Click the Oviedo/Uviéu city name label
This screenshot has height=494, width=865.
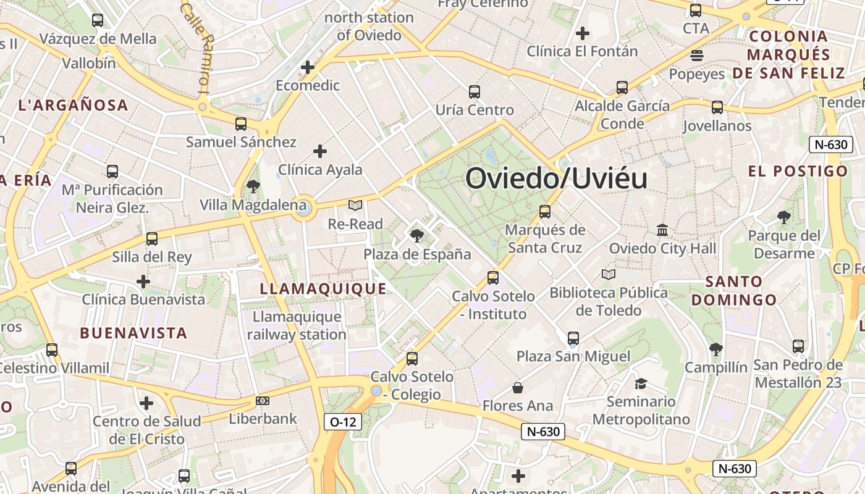coord(556,178)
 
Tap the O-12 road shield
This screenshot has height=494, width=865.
coord(343,422)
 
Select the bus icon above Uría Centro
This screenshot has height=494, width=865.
coord(474,92)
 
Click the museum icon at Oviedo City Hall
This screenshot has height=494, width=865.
coord(662,230)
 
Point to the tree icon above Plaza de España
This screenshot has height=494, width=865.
coord(417,235)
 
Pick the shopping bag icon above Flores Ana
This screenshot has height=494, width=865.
coord(518,388)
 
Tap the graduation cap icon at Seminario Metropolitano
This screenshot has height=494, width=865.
coord(641,383)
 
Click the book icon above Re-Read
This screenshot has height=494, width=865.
coord(355,205)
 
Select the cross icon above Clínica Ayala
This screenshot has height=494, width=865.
coord(319,151)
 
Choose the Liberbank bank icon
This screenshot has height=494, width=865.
coord(263,401)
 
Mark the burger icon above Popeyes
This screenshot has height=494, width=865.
coord(697,56)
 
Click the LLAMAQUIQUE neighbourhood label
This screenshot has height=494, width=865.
coord(323,289)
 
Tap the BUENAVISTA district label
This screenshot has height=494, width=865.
coord(133,333)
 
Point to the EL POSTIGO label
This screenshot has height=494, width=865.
coord(798,171)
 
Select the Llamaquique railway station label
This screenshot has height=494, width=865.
coord(297,325)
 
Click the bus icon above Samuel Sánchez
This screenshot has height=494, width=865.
coord(241,124)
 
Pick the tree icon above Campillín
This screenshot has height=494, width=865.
coord(715,350)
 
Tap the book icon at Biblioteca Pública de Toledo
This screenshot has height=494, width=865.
coord(609,274)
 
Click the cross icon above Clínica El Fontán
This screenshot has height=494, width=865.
coord(582,33)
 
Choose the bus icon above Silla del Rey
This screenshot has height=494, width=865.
coord(152,239)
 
